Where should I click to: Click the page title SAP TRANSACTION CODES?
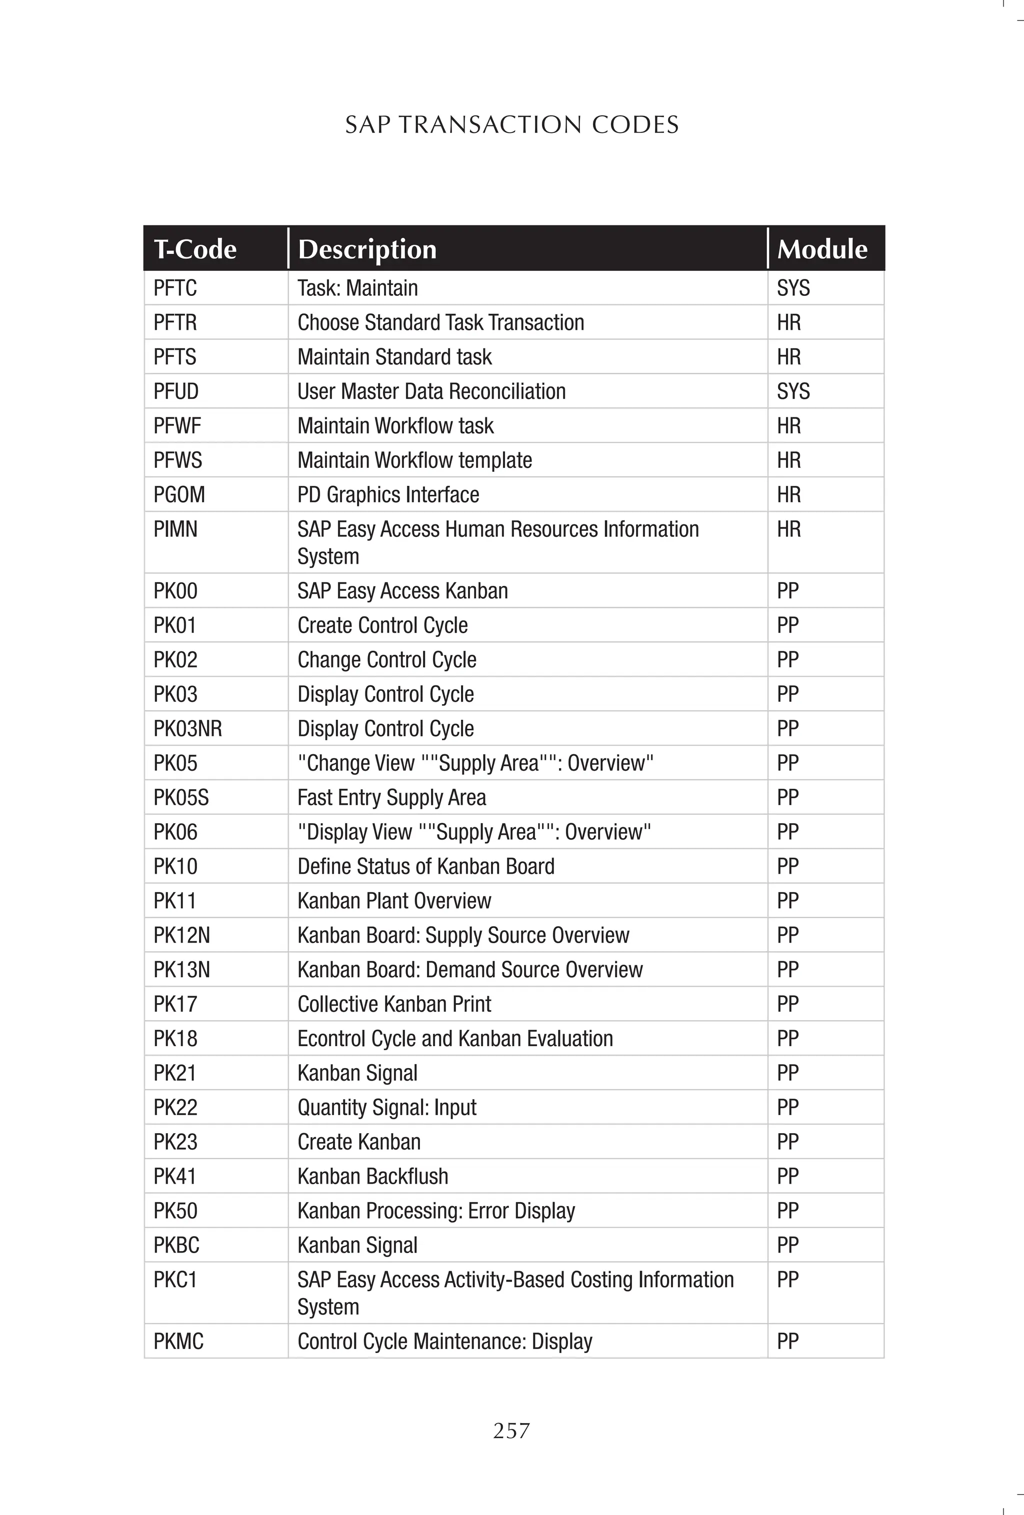[511, 124]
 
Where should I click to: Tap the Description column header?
[367, 249]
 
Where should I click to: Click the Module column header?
[822, 249]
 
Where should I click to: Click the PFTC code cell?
[175, 288]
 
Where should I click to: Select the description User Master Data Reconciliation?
[431, 391]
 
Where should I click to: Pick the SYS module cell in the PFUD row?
[793, 391]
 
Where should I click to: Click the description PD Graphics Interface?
[388, 495]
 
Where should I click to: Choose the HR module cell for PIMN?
[788, 529]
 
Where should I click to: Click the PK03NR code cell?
[188, 728]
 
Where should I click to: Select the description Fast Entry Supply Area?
[391, 797]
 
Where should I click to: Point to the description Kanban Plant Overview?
[394, 901]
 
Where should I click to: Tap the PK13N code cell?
[181, 969]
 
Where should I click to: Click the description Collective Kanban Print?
[394, 1004]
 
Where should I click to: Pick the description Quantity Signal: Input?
[387, 1108]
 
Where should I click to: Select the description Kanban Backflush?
[372, 1176]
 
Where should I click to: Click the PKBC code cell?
[176, 1245]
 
